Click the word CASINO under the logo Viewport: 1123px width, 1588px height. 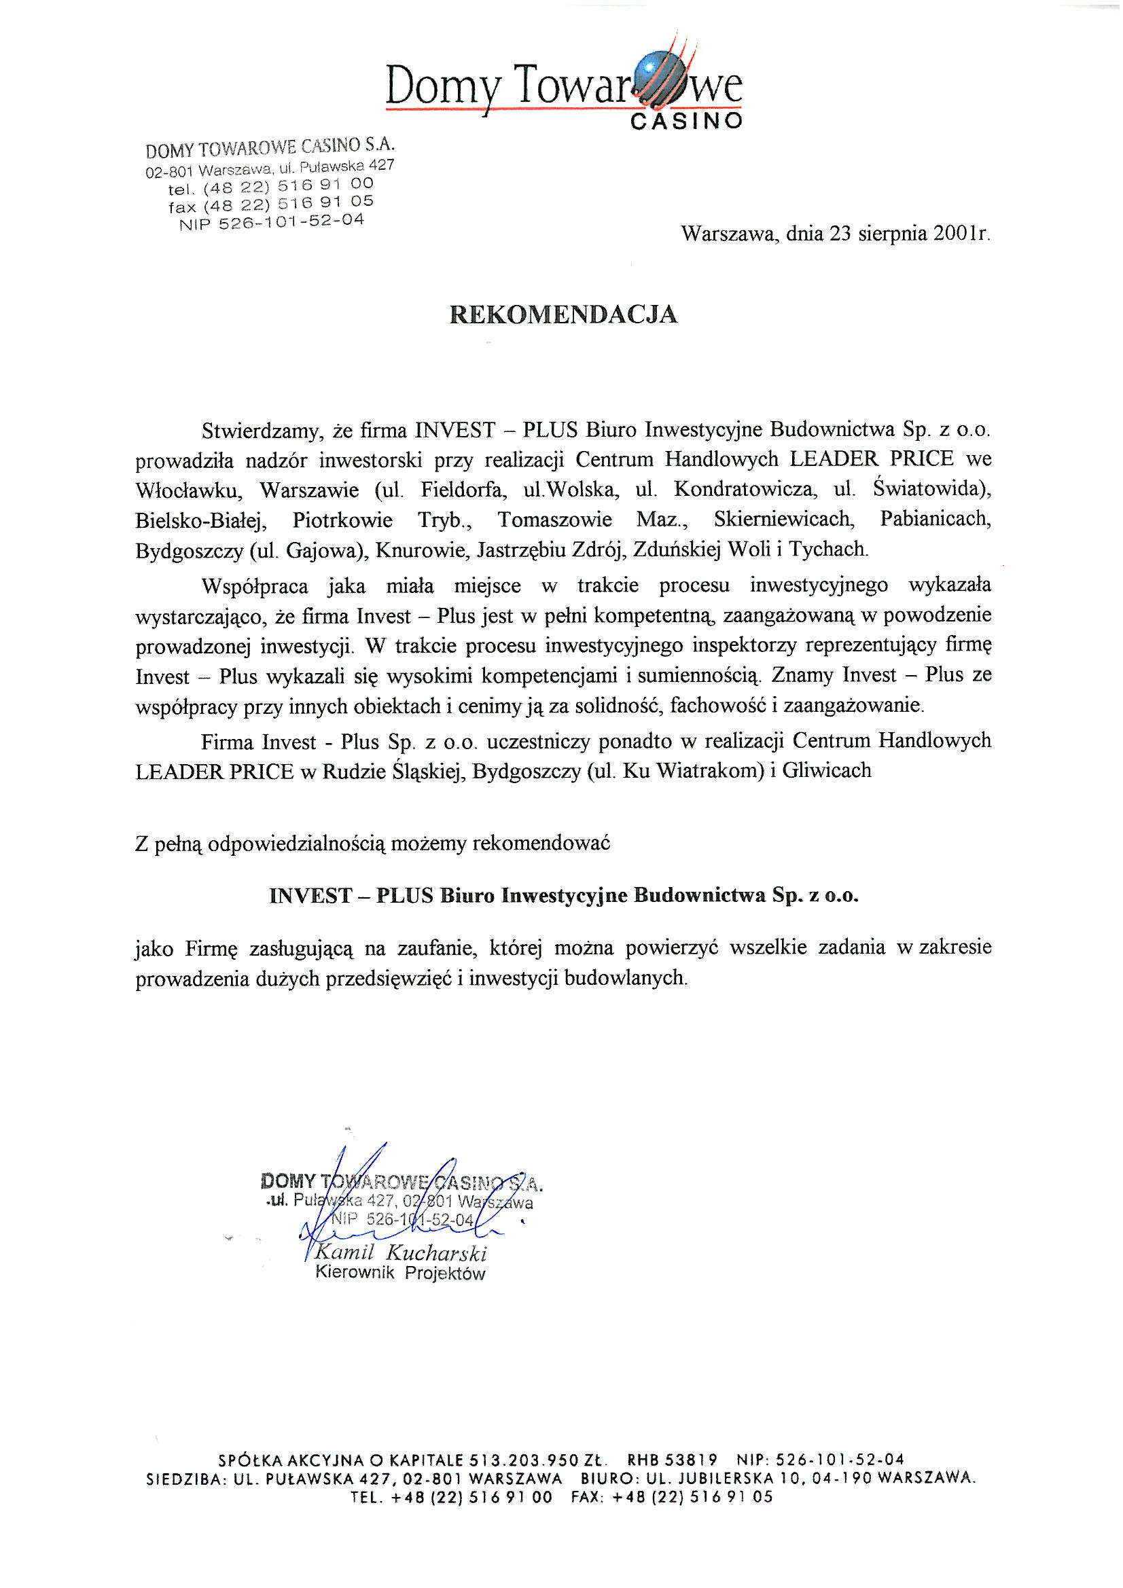pos(688,122)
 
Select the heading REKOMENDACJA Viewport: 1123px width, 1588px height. pos(563,314)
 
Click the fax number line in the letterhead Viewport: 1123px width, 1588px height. pos(270,203)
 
